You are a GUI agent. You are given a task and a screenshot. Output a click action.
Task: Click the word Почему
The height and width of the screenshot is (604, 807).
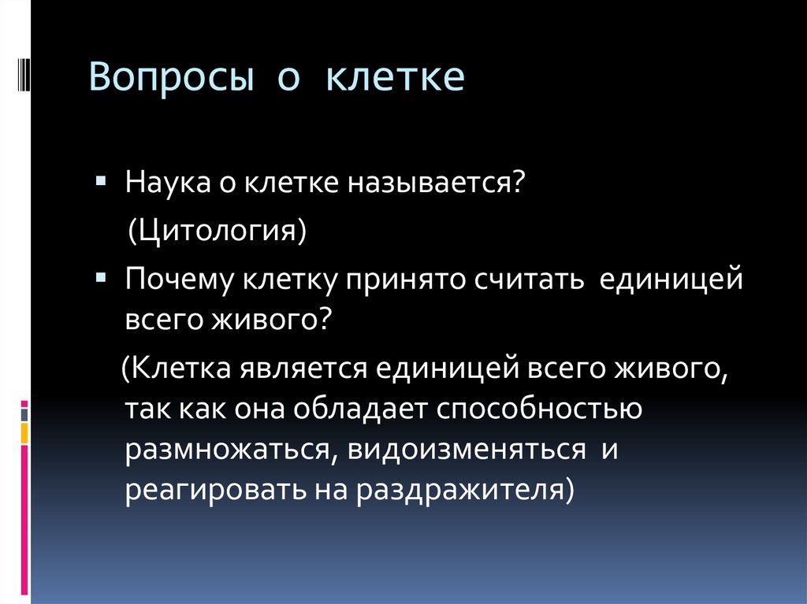[175, 280]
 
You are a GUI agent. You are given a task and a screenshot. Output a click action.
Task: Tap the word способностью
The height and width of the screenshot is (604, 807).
[535, 409]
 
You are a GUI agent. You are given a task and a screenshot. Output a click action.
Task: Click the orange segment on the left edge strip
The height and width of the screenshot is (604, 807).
[24, 433]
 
